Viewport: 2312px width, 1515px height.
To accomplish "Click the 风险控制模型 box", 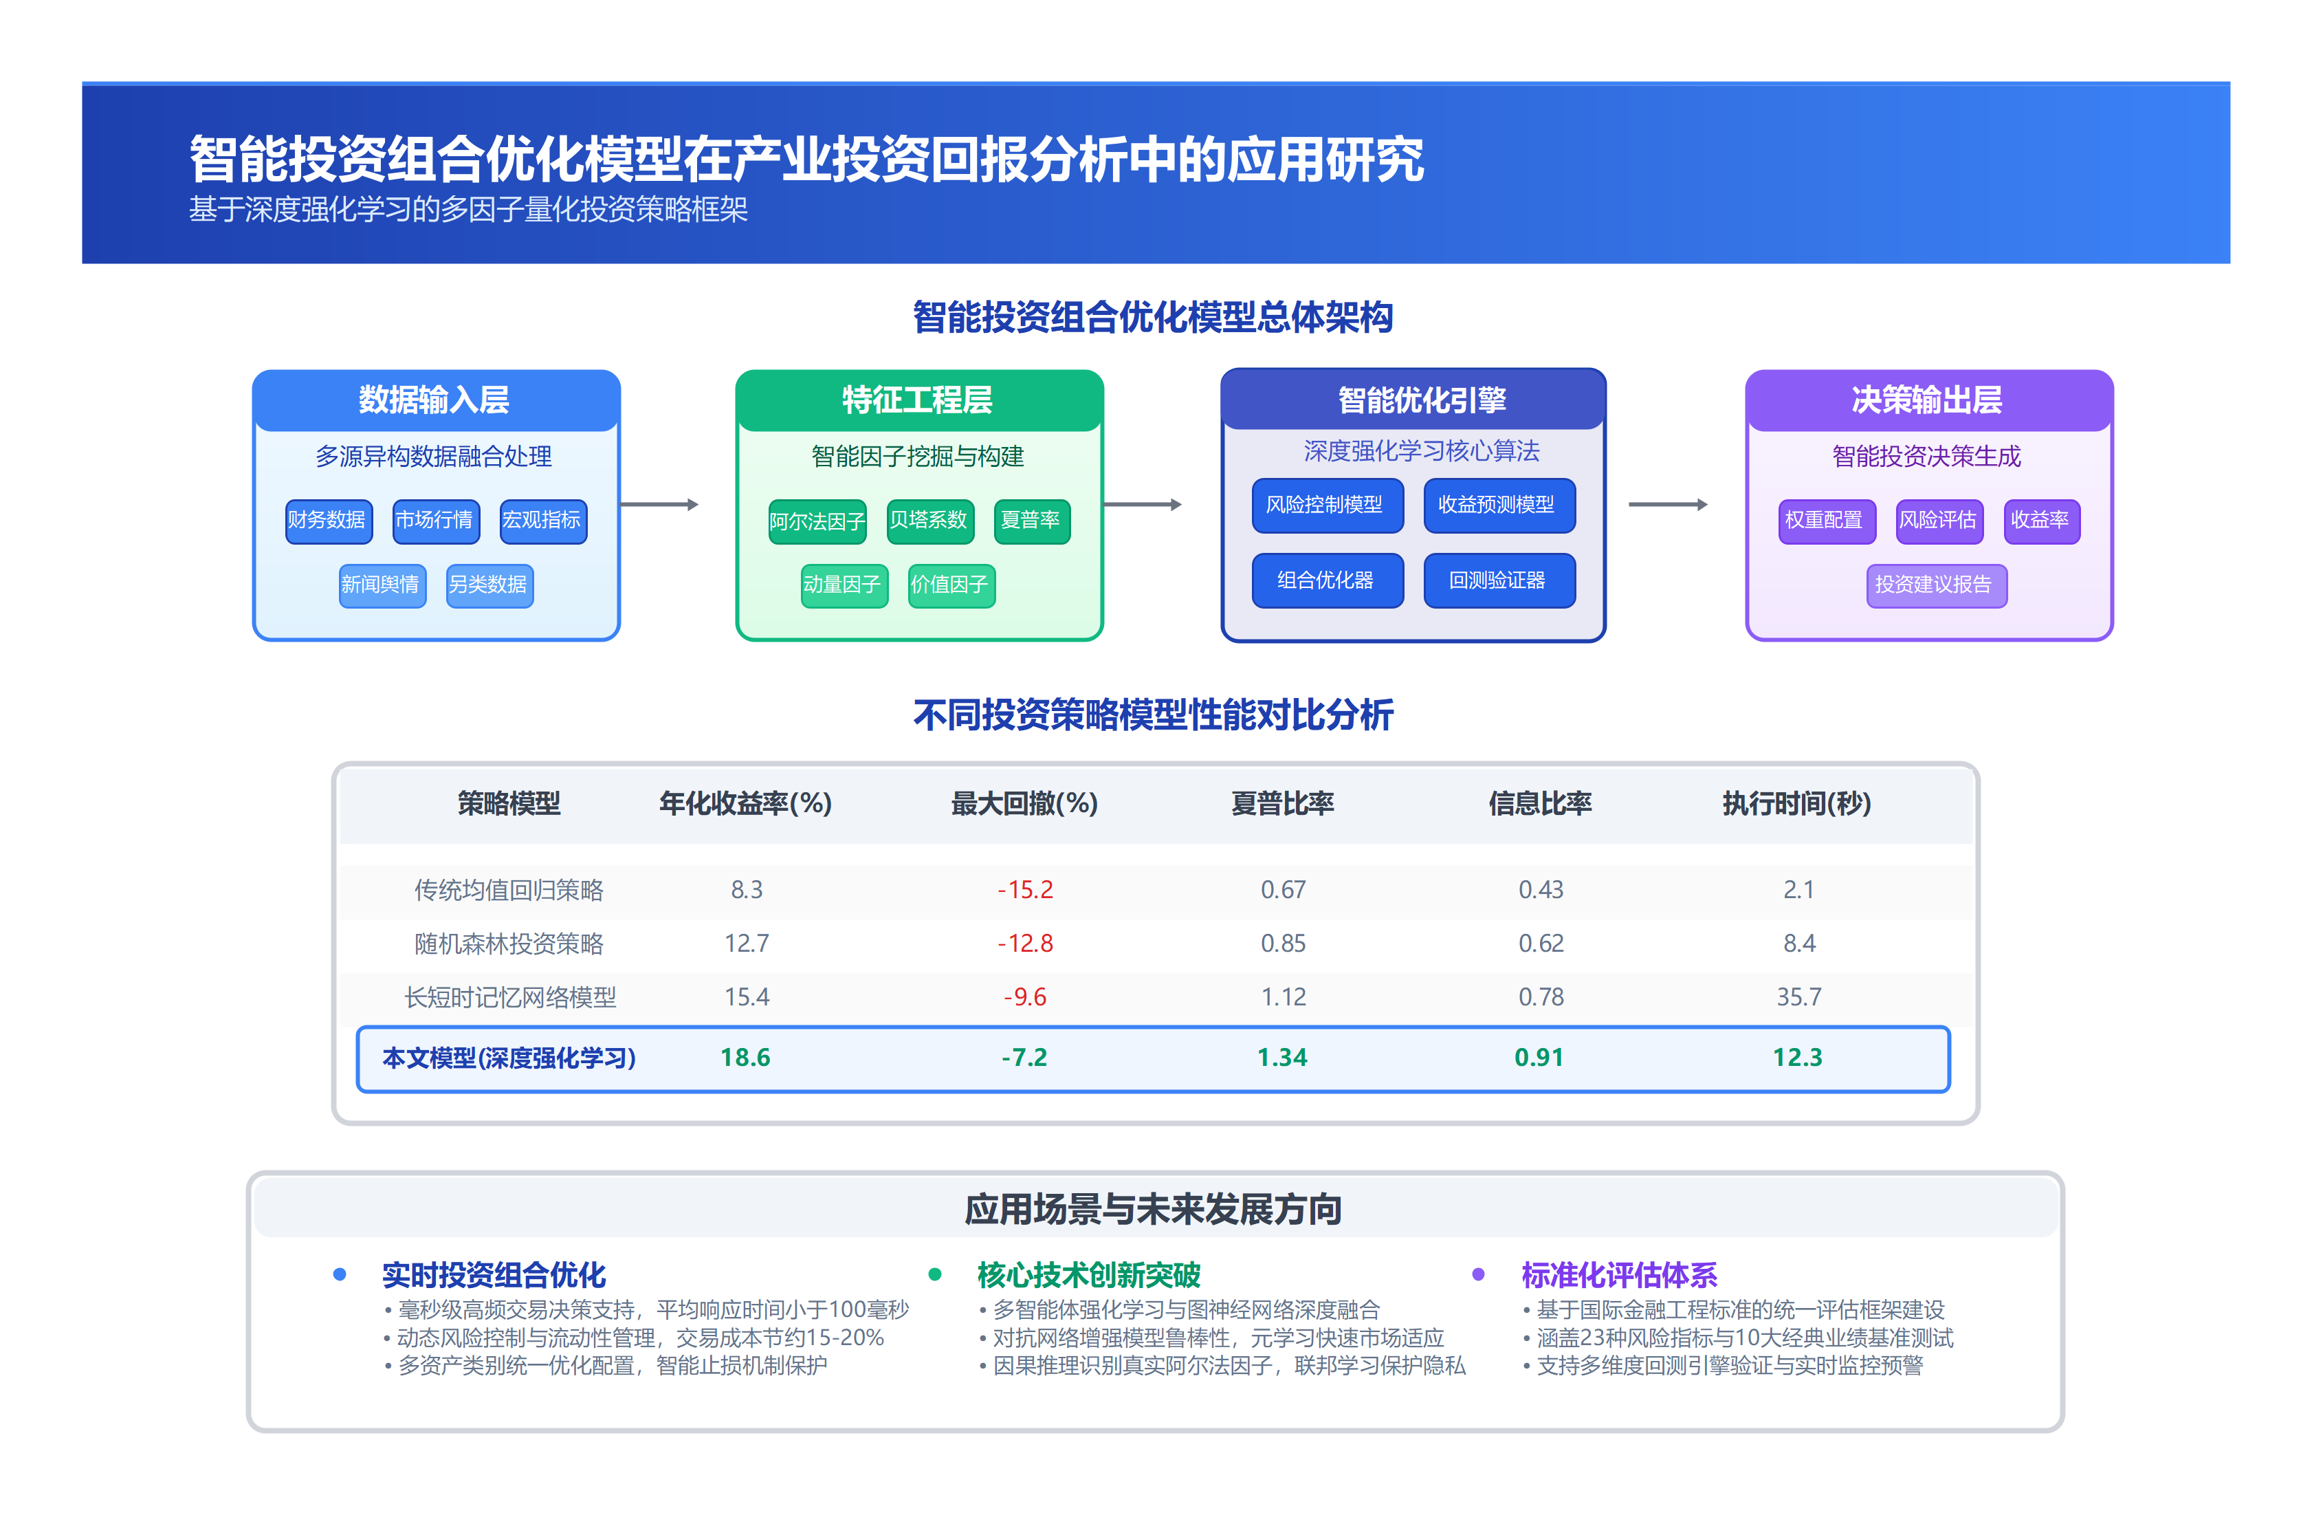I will [1326, 504].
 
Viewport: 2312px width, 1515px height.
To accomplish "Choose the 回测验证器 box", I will [1498, 580].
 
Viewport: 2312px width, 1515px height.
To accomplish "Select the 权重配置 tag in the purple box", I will [1825, 520].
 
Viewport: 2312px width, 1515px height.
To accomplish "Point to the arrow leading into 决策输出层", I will [1668, 504].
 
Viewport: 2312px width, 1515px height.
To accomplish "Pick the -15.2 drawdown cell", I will [1025, 889].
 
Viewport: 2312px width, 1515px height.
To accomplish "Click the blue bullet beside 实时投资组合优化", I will [339, 1274].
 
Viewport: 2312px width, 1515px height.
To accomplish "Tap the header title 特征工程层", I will [918, 400].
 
